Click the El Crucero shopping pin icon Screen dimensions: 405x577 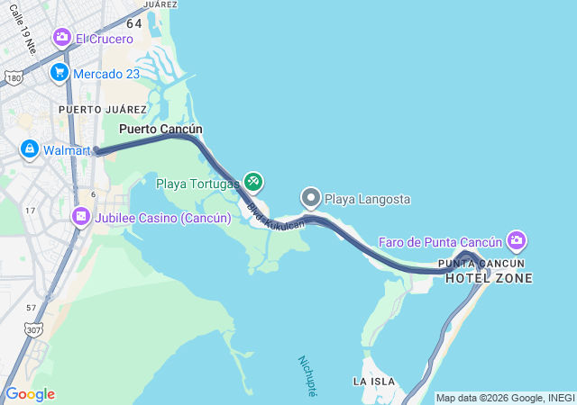point(62,38)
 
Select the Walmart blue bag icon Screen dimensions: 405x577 point(29,148)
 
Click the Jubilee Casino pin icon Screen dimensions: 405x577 point(81,217)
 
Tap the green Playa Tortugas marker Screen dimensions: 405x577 point(253,183)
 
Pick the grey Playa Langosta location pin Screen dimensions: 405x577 point(311,197)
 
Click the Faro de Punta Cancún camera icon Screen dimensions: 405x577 point(517,240)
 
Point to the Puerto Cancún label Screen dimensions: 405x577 point(160,129)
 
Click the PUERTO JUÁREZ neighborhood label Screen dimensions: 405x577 point(89,110)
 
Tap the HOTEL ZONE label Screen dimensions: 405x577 point(489,278)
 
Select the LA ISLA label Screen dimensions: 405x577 point(373,382)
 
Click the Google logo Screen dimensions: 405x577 point(30,394)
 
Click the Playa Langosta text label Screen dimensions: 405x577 point(367,198)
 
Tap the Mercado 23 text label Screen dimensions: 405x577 point(106,74)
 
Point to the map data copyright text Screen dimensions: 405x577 point(505,398)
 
